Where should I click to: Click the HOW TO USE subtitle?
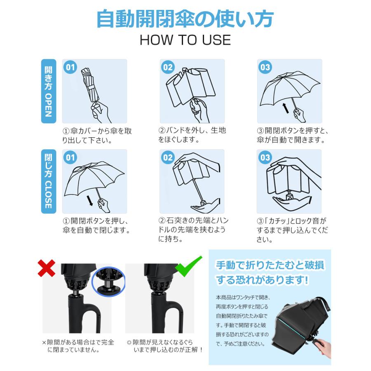185,40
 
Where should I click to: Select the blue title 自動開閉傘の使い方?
185,19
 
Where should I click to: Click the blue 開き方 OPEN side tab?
48,91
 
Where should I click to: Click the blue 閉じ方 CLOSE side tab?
48,181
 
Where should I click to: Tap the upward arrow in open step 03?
286,108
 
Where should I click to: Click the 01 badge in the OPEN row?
71,67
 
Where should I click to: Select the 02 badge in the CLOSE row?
168,157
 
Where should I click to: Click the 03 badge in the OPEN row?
265,67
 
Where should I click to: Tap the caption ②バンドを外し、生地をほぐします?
192,135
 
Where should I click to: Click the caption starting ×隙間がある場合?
78,346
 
